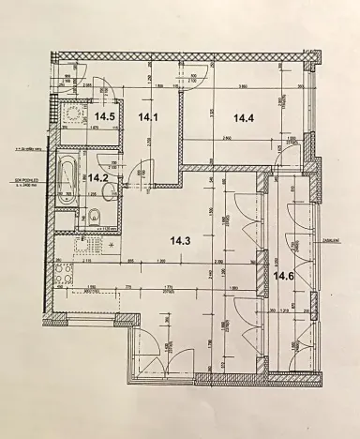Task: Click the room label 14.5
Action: click(x=106, y=117)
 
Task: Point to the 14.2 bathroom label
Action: click(x=98, y=175)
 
